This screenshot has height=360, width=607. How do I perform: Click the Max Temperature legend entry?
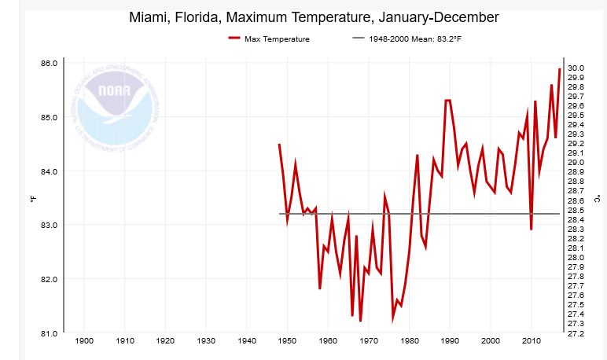pos(277,39)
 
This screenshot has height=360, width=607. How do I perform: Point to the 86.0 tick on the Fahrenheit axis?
pos(49,63)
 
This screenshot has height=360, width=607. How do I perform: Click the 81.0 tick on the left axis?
pos(49,333)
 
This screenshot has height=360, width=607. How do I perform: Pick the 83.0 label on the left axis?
pos(49,226)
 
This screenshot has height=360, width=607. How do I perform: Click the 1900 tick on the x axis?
pos(84,341)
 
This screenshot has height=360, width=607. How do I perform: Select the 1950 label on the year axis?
pos(287,341)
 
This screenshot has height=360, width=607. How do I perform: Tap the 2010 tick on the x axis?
pos(531,341)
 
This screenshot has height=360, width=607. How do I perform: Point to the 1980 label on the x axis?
pos(409,341)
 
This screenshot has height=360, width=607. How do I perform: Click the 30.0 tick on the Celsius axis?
pos(576,68)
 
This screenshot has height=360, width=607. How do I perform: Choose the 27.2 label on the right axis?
pos(576,333)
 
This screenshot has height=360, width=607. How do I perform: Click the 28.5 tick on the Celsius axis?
pos(576,210)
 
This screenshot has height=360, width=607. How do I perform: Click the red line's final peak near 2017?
pos(559,69)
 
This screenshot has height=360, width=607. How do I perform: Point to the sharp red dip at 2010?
pos(532,229)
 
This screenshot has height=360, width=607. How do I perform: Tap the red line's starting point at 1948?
pos(279,144)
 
